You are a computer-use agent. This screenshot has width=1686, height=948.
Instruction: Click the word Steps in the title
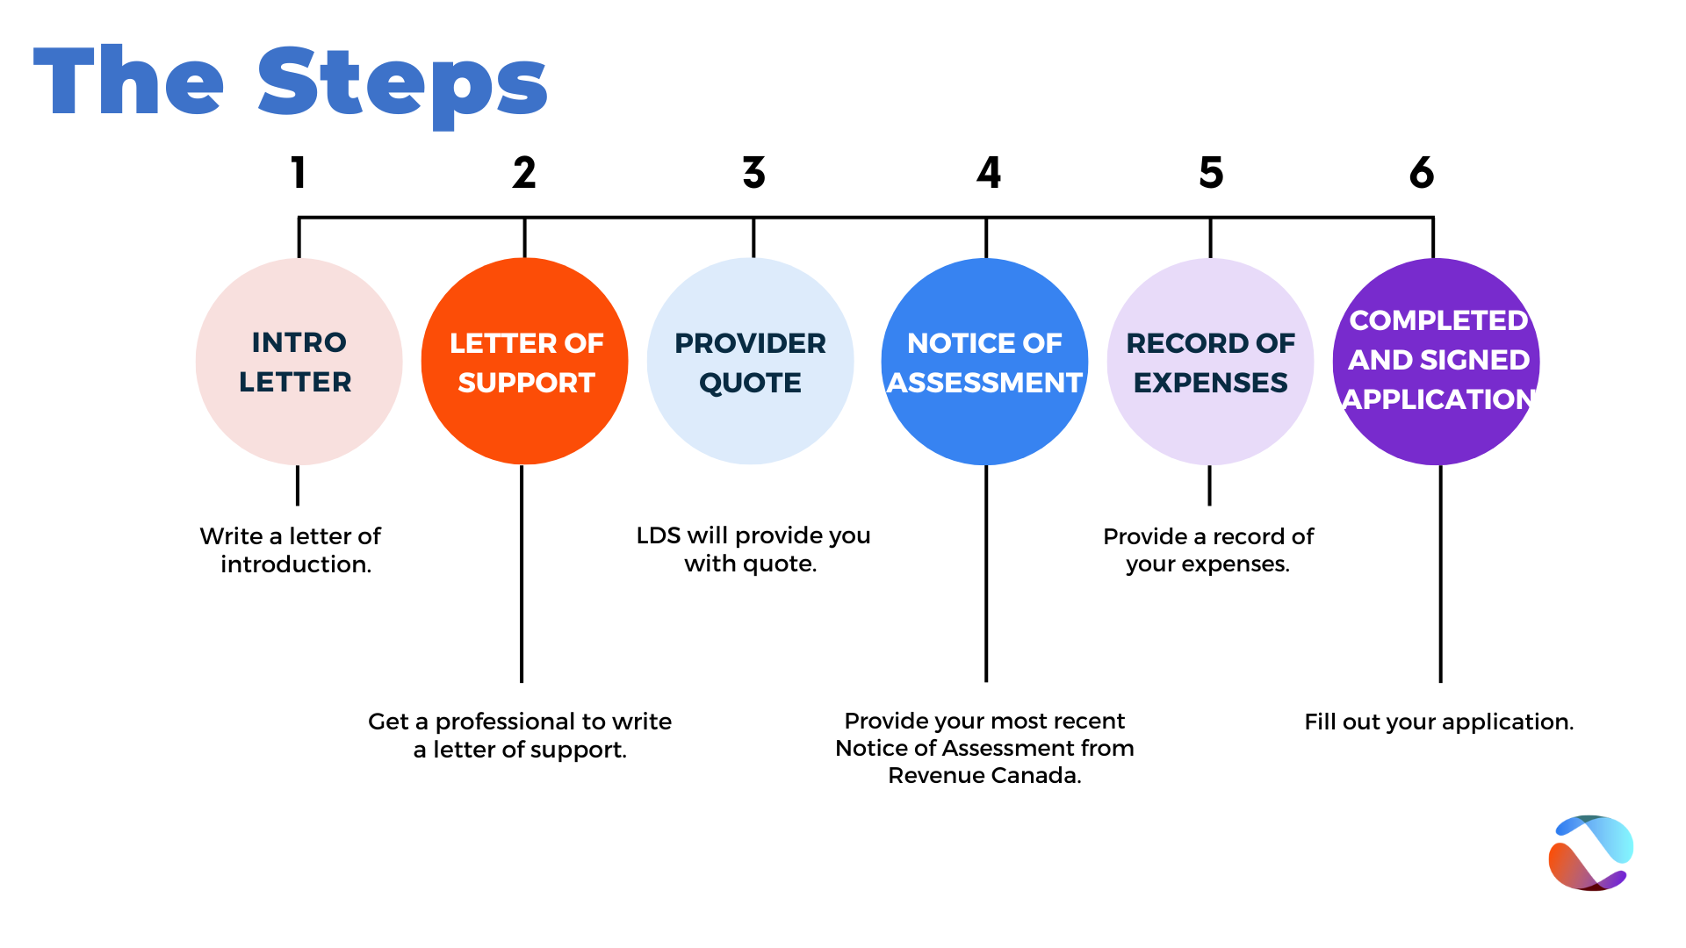[x=403, y=83]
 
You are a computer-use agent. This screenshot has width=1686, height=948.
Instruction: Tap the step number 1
[x=299, y=172]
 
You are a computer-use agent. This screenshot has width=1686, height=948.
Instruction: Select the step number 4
[x=989, y=172]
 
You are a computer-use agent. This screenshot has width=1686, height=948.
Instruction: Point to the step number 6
[x=1422, y=172]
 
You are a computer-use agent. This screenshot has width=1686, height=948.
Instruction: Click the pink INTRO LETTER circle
[x=299, y=362]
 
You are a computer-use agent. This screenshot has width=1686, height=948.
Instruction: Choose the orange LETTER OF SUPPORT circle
[x=525, y=362]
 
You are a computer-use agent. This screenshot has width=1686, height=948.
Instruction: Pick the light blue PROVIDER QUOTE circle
[x=751, y=362]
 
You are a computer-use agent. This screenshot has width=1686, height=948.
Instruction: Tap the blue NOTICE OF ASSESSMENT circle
[x=985, y=362]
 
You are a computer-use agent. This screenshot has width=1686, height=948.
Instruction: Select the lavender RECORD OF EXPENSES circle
[x=1211, y=362]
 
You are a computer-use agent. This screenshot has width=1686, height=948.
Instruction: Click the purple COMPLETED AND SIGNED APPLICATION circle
[x=1437, y=362]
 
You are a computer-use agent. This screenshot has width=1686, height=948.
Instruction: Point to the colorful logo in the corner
[x=1591, y=853]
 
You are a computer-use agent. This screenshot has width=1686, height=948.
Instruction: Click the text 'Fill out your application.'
[x=1439, y=722]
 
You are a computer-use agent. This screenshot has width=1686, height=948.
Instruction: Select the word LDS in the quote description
[x=659, y=535]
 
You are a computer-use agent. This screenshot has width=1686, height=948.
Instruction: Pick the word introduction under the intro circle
[x=296, y=564]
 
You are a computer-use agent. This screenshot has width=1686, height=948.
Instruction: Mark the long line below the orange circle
[x=522, y=574]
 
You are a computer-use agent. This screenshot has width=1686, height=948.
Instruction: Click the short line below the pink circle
[x=298, y=485]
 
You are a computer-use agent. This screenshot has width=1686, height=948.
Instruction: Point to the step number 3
[x=753, y=172]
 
